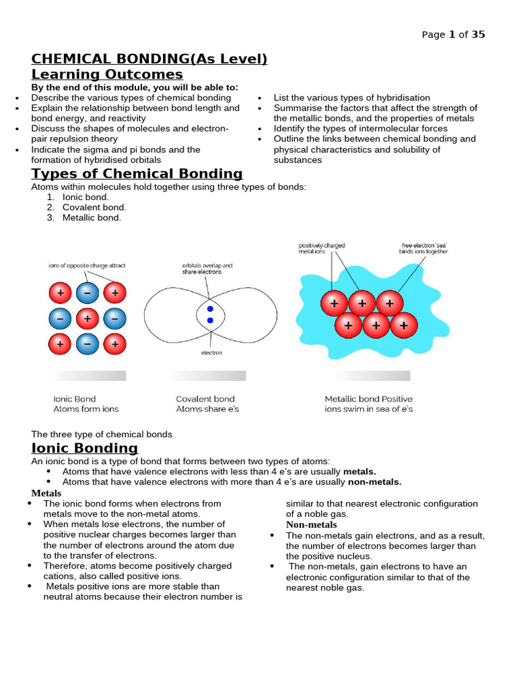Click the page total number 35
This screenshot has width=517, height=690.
pyautogui.click(x=478, y=34)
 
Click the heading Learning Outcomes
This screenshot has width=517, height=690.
pyautogui.click(x=107, y=74)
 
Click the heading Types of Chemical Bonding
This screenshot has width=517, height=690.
pyautogui.click(x=137, y=174)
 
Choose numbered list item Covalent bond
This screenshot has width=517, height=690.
pyautogui.click(x=94, y=208)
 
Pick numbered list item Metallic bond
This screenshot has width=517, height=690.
pyautogui.click(x=92, y=218)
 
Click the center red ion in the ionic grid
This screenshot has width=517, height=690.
pyautogui.click(x=88, y=317)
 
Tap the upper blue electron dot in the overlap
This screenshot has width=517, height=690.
pyautogui.click(x=210, y=309)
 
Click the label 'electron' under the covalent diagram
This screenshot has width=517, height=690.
pyautogui.click(x=211, y=352)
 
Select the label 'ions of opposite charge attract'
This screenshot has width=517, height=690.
pyautogui.click(x=87, y=265)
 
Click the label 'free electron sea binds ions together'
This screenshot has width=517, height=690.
pyautogui.click(x=423, y=248)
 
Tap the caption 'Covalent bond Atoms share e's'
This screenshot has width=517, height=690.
pyautogui.click(x=207, y=404)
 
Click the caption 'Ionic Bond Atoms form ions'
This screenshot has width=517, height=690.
pyautogui.click(x=85, y=404)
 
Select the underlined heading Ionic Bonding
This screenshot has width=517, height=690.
pyautogui.click(x=85, y=448)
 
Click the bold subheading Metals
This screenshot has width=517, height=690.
pyautogui.click(x=46, y=493)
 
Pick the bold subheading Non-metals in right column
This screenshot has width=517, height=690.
pyautogui.click(x=311, y=524)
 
